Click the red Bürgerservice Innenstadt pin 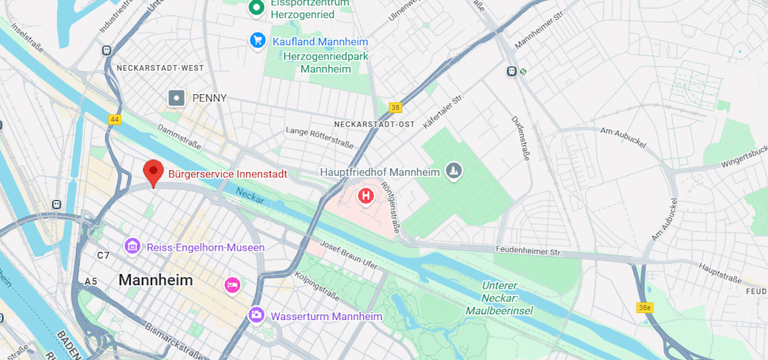tap(153, 171)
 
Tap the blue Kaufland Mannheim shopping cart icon tap(257, 41)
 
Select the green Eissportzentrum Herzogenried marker tap(257, 8)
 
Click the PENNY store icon tap(177, 98)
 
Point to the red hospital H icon tap(365, 197)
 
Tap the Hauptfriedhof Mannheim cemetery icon tap(454, 171)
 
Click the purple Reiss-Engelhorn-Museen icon tap(132, 246)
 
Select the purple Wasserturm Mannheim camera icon tap(257, 316)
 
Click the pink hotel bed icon tap(232, 284)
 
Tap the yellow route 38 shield tap(395, 107)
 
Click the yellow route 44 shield tap(115, 120)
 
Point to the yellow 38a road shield tap(644, 307)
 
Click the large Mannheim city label tap(156, 280)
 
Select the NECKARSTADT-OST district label tap(374, 124)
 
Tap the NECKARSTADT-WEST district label tap(161, 68)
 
